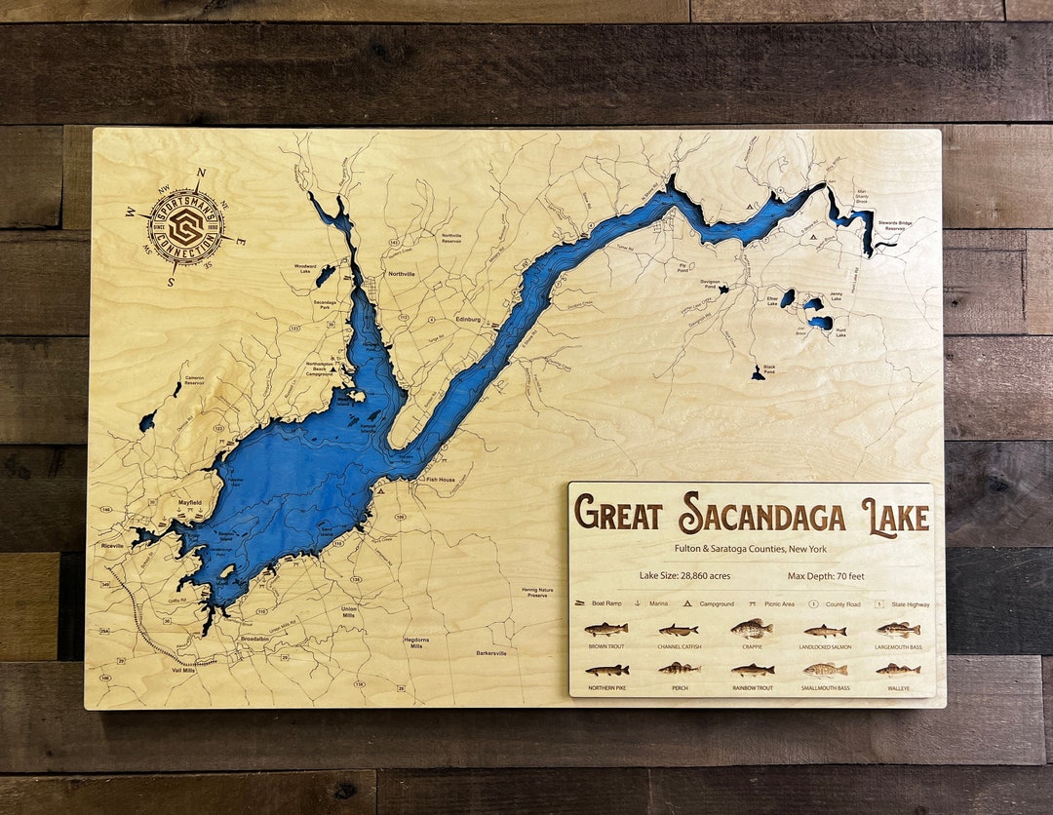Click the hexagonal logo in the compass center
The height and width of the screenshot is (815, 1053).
pyautogui.click(x=185, y=227)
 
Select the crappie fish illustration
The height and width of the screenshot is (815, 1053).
pyautogui.click(x=751, y=629)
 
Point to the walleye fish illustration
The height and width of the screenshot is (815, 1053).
pyautogui.click(x=898, y=670)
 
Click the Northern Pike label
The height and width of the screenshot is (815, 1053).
pyautogui.click(x=606, y=688)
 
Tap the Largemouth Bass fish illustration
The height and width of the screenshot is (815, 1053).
pyautogui.click(x=898, y=630)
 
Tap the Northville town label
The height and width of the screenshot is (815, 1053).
pyautogui.click(x=401, y=274)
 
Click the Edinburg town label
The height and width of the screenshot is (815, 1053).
pyautogui.click(x=470, y=319)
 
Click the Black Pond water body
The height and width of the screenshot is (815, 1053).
pyautogui.click(x=758, y=374)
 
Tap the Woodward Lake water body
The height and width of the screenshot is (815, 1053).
pyautogui.click(x=325, y=276)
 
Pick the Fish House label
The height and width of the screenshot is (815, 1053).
pyautogui.click(x=440, y=480)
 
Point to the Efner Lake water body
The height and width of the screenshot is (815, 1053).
pyautogui.click(x=787, y=297)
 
